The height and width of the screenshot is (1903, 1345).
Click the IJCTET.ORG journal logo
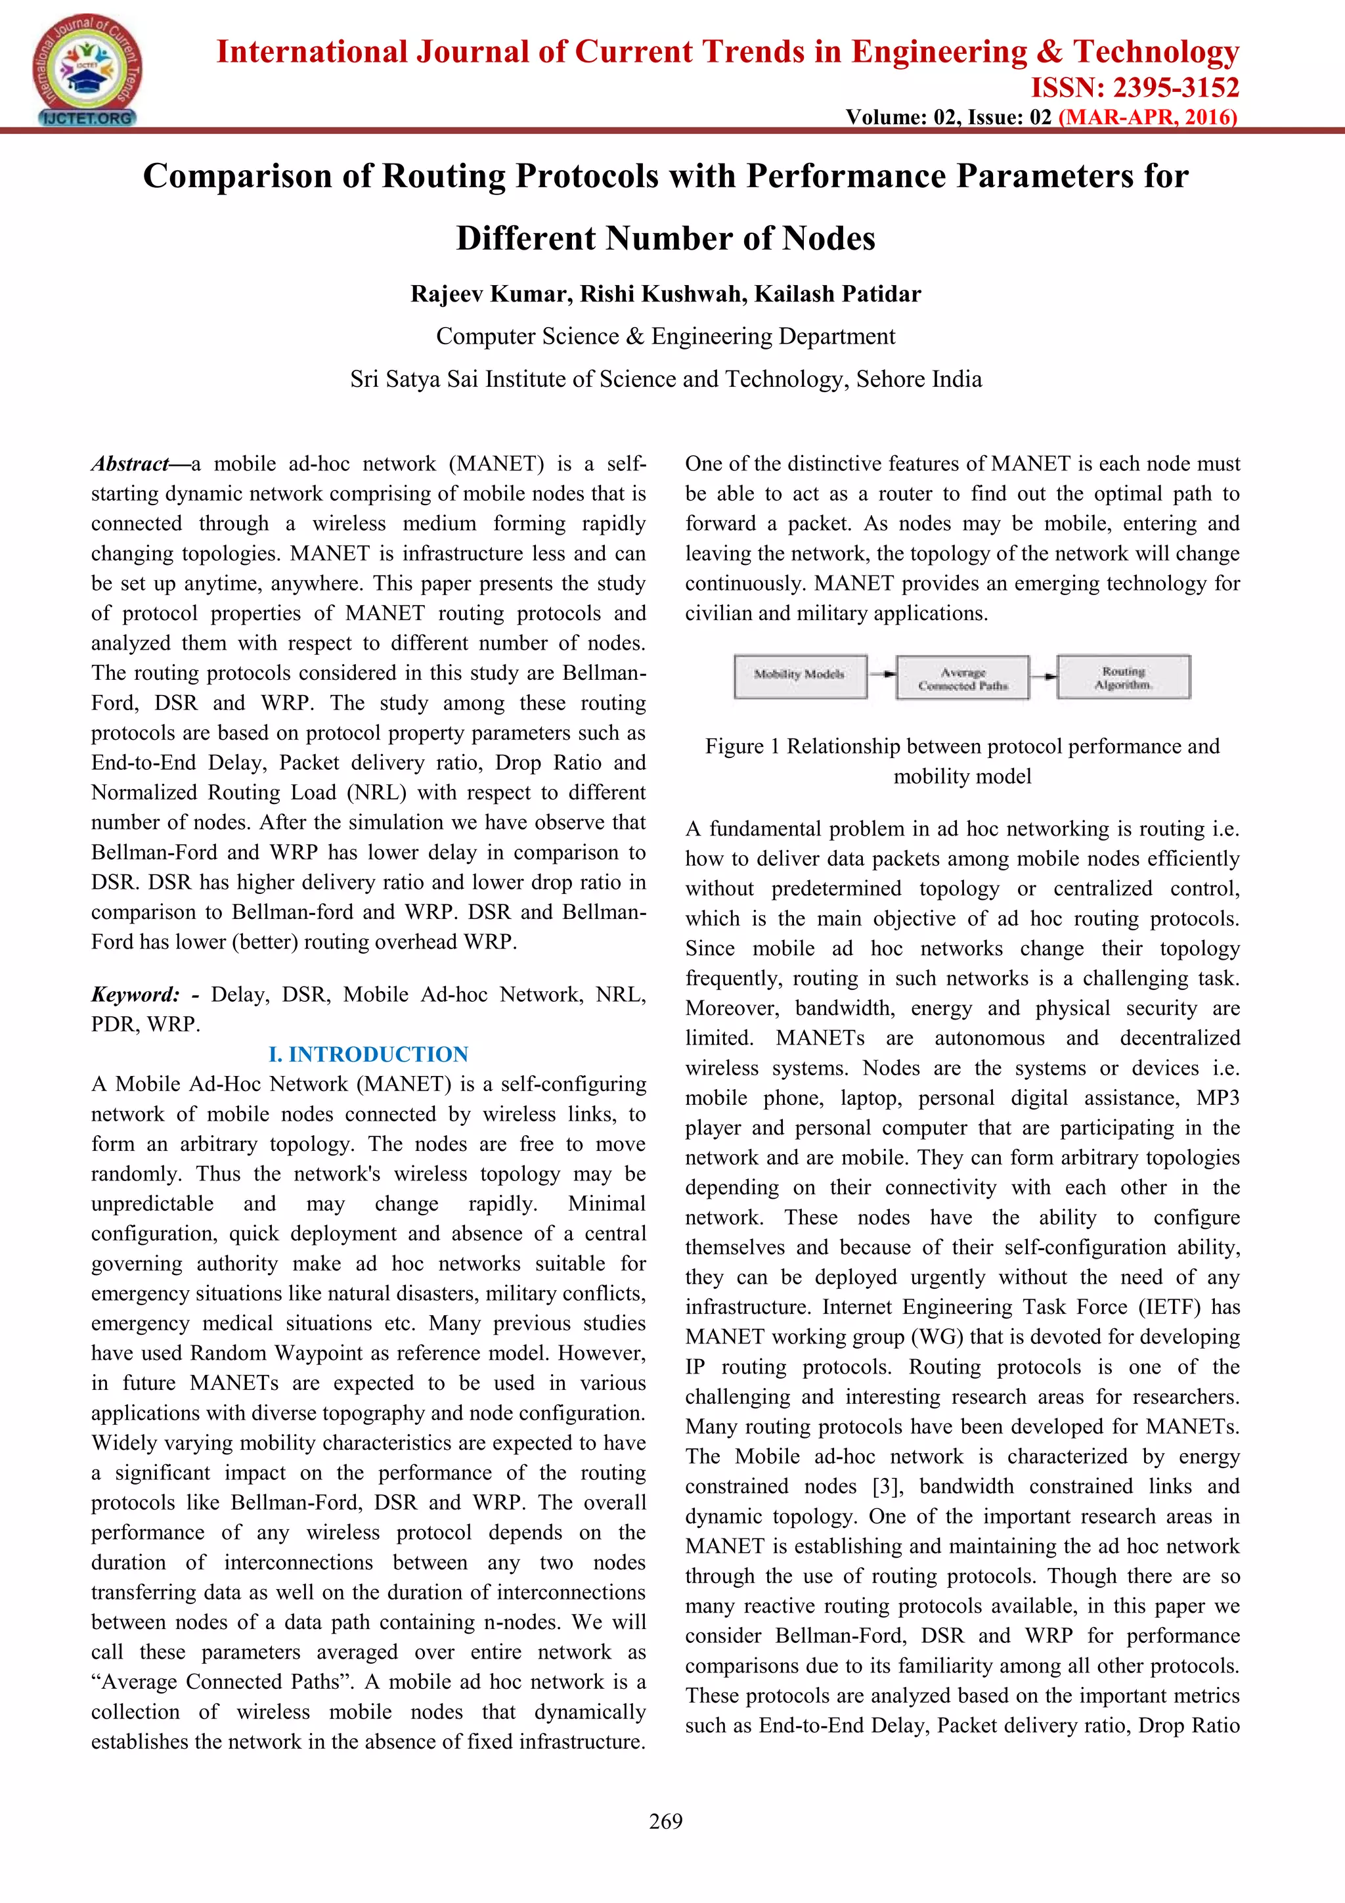click(x=86, y=70)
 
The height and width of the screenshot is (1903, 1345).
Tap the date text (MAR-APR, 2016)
click(x=1148, y=117)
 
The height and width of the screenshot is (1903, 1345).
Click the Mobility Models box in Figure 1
click(x=800, y=675)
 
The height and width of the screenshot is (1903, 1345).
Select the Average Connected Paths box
click(x=962, y=678)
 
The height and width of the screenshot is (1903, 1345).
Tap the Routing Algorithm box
click(x=1123, y=677)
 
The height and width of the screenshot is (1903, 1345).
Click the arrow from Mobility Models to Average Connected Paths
click(x=883, y=675)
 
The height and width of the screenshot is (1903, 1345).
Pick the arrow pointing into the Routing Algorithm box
click(x=1044, y=675)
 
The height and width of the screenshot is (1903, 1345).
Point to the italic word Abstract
click(x=130, y=464)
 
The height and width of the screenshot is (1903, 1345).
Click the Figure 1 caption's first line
click(x=962, y=746)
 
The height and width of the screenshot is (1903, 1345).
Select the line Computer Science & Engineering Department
click(x=665, y=336)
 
